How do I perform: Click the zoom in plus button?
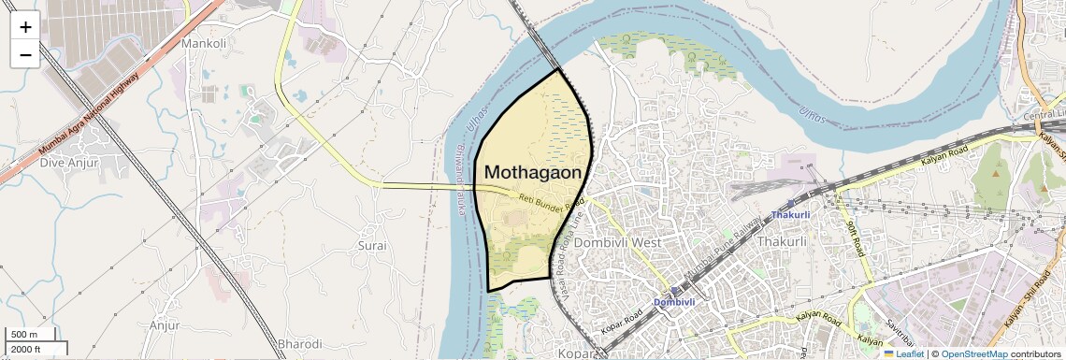click(x=25, y=27)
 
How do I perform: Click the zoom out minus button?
click(x=25, y=54)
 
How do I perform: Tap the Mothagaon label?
click(x=533, y=173)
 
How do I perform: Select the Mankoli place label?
click(x=204, y=43)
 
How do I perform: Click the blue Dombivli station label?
click(x=673, y=302)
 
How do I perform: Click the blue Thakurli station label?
click(x=796, y=215)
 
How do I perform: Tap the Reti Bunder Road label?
click(x=552, y=197)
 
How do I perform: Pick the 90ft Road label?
click(x=854, y=240)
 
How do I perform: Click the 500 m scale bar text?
click(x=24, y=335)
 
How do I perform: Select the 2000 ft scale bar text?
click(x=26, y=349)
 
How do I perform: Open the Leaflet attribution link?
click(x=903, y=354)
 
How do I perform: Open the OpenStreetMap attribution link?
click(x=973, y=354)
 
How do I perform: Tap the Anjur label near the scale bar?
click(x=164, y=325)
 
